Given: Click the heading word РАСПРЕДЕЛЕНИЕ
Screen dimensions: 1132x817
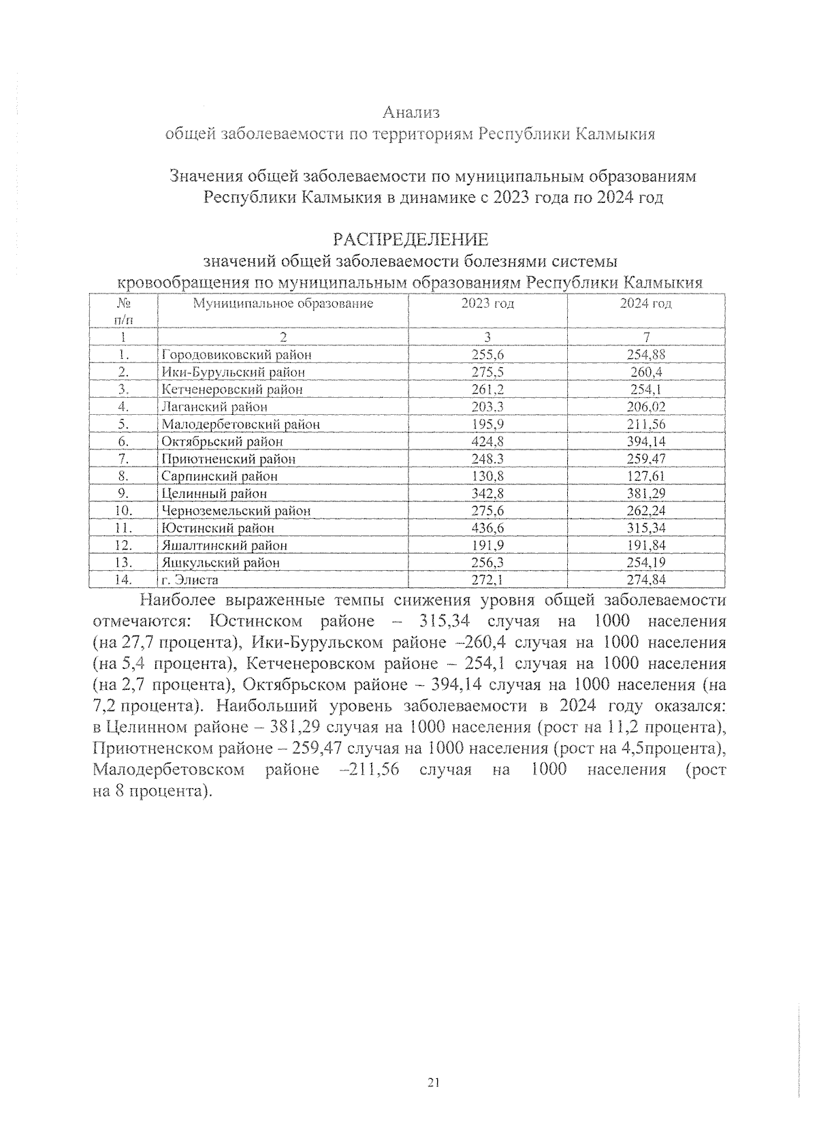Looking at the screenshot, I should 410,240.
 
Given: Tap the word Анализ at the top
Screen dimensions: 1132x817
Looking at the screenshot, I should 411,112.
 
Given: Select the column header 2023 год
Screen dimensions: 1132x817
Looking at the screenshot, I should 487,304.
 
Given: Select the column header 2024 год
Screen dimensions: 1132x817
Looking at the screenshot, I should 645,304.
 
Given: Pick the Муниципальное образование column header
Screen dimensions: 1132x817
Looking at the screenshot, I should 283,304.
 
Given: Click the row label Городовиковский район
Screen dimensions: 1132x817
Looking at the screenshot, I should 236,355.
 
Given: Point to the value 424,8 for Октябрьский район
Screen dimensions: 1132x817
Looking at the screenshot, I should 487,441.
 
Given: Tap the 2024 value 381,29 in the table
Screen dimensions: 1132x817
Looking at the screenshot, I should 645,493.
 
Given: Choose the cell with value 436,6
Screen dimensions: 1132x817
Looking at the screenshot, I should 487,528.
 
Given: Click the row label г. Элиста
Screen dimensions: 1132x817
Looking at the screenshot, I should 189,580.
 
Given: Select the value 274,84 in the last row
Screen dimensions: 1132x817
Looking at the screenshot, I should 645,580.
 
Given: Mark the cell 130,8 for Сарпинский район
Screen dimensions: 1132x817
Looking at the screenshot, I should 487,476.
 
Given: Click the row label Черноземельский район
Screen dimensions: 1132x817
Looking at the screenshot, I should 236,511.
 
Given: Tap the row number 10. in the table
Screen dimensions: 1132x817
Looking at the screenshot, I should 123,511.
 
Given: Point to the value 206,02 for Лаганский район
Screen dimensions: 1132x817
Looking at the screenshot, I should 645,407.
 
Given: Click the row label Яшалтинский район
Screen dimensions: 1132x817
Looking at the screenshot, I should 224,546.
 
